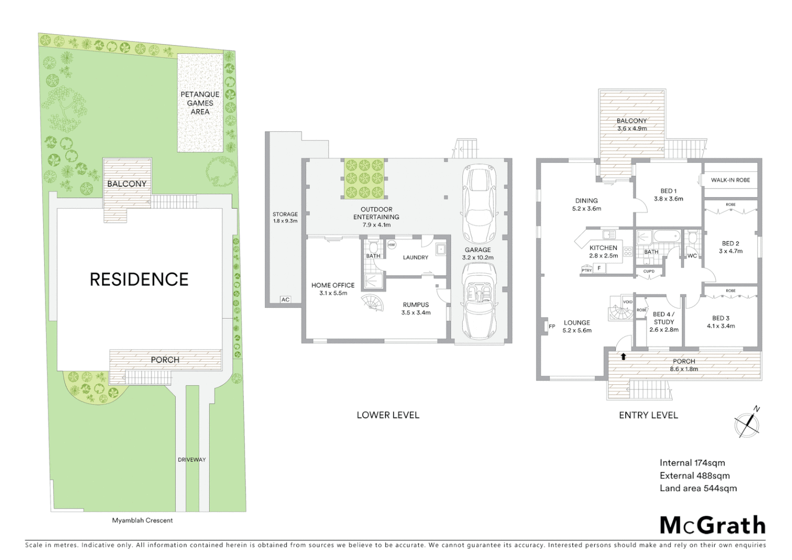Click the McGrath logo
712,525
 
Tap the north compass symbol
747,424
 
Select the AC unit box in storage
285,299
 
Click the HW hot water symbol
391,245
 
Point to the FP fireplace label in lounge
551,326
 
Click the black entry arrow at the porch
624,356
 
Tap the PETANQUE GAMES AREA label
200,103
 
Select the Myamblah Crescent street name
143,520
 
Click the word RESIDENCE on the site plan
139,279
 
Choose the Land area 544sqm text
698,488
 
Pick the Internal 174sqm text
692,463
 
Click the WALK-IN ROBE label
730,180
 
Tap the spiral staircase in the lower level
373,303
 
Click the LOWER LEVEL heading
388,415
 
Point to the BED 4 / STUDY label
663,318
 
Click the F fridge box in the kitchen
599,268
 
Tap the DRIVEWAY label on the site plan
192,459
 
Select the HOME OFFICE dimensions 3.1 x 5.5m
333,293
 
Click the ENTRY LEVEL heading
648,415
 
